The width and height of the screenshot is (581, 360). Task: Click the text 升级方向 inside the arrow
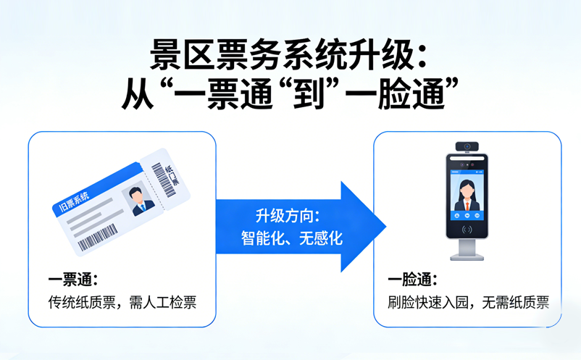click(287, 216)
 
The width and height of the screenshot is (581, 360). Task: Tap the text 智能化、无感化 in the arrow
click(291, 238)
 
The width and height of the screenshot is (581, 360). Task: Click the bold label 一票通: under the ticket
click(73, 280)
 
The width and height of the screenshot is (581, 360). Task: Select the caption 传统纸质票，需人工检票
click(122, 302)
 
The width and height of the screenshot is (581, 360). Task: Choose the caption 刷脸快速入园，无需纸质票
click(468, 302)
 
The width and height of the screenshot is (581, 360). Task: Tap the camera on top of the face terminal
click(467, 146)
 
